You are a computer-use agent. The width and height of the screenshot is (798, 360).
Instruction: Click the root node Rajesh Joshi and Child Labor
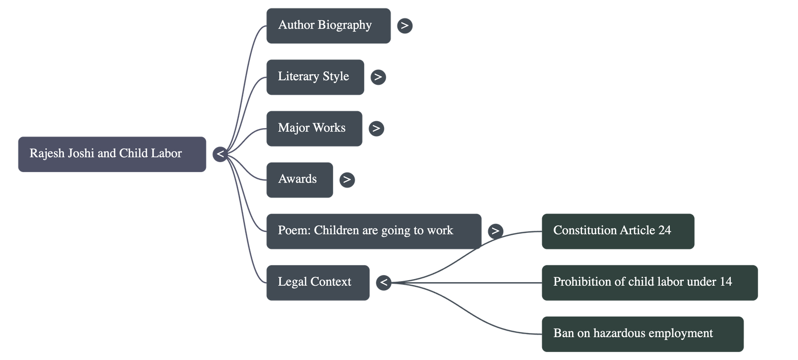coord(112,154)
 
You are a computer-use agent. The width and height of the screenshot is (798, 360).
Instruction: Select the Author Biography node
coord(328,25)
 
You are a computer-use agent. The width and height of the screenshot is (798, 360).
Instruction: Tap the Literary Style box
coord(315,77)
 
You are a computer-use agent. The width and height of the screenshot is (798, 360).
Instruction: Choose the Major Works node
coord(314,128)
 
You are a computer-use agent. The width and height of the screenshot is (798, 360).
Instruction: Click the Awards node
coord(299,180)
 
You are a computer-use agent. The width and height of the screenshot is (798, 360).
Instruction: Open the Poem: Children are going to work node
coord(373,231)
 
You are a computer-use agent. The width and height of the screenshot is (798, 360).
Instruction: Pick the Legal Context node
coord(318,282)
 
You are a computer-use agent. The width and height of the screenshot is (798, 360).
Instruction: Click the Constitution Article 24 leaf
coord(617,231)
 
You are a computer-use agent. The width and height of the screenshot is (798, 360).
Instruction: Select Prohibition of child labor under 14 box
coord(649,282)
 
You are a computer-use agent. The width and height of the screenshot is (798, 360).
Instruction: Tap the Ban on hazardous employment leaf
coord(642,334)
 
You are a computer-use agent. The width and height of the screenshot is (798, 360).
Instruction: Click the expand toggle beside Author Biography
coord(404,25)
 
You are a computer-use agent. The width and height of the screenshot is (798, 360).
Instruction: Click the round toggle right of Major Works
coord(376,128)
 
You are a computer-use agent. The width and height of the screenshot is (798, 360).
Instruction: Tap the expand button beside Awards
coord(347,180)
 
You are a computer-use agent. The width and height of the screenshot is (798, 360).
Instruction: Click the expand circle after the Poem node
coord(495,231)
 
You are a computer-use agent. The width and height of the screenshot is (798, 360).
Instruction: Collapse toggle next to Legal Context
coord(383,283)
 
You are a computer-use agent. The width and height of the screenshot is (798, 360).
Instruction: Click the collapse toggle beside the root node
coord(220,155)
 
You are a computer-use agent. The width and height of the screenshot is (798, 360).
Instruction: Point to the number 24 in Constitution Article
coord(664,230)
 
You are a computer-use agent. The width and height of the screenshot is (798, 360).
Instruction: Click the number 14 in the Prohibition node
coord(726,282)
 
